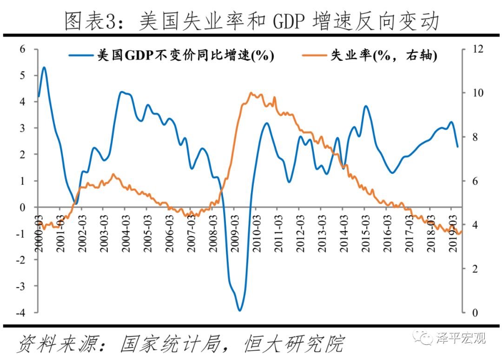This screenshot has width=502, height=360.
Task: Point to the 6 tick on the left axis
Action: (x=22, y=49)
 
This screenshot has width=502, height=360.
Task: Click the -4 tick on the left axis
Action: (x=20, y=313)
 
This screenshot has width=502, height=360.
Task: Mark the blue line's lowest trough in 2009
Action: (x=239, y=310)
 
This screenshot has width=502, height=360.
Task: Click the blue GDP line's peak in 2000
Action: (x=44, y=67)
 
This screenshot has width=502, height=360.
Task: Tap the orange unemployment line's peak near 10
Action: (x=251, y=93)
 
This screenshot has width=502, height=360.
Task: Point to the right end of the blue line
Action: (x=457, y=146)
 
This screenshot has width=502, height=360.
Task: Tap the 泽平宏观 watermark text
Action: (x=461, y=338)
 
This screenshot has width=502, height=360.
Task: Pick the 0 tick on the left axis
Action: (x=22, y=207)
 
